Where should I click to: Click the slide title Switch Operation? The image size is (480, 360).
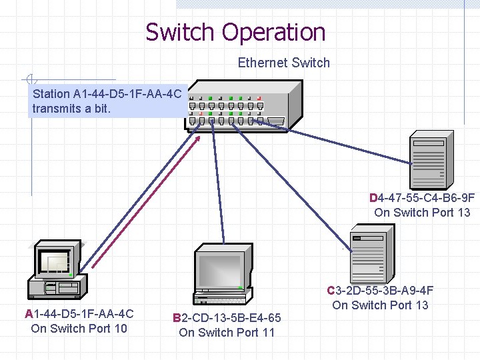(235, 32)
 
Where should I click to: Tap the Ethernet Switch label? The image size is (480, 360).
(283, 63)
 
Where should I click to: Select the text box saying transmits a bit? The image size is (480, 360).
(107, 101)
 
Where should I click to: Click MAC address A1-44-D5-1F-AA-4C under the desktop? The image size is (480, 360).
(79, 314)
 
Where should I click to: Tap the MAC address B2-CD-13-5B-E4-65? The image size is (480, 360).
(227, 318)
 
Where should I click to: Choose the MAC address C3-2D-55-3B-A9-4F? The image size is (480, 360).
(380, 291)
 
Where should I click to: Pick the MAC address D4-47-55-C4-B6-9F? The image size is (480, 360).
(422, 198)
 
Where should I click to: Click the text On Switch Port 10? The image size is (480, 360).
(79, 328)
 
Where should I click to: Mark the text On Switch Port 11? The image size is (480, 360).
(227, 332)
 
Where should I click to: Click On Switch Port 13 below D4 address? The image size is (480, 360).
(422, 213)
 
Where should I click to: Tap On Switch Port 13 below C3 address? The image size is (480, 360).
(380, 305)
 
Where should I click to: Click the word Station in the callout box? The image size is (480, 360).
(51, 94)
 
